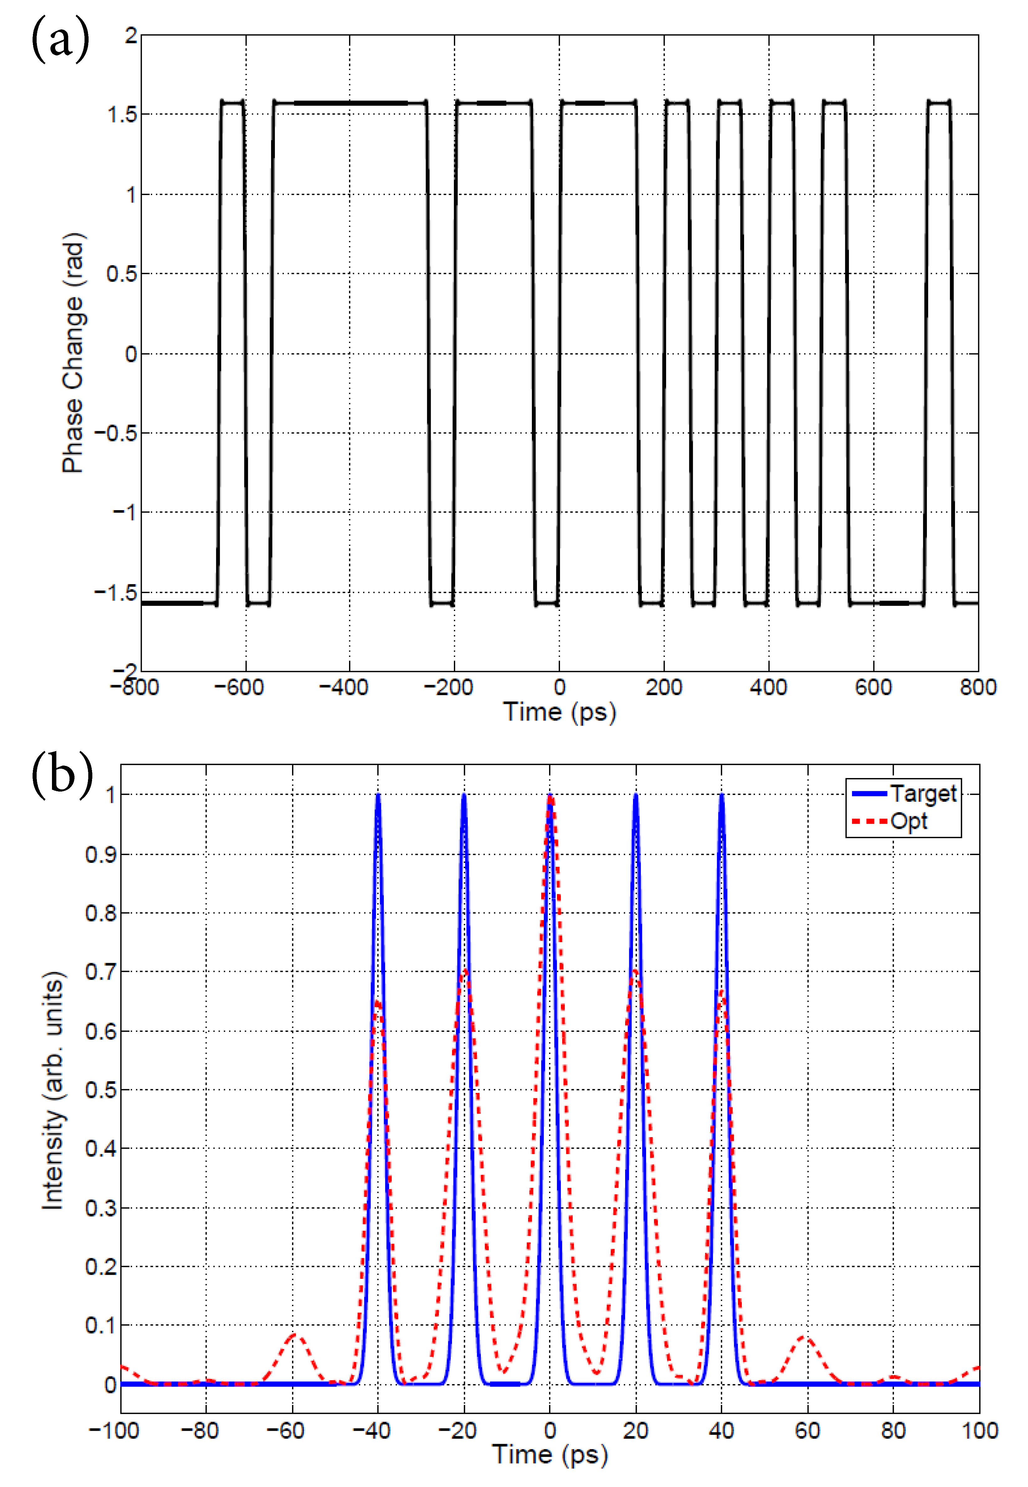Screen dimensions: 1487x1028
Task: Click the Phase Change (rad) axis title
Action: click(x=73, y=353)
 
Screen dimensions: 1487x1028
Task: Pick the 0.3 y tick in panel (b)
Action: click(x=101, y=1208)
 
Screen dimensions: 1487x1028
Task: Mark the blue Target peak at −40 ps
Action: click(x=378, y=796)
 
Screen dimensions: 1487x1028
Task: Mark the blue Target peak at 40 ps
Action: click(x=722, y=796)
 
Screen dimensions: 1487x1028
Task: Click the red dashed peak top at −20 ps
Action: click(x=465, y=971)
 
